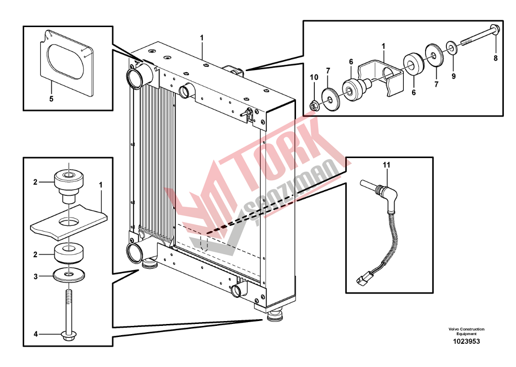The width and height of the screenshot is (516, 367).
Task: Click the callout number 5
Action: [51, 99]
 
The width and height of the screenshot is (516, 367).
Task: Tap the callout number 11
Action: [386, 164]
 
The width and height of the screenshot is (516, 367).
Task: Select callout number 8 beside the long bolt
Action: [495, 58]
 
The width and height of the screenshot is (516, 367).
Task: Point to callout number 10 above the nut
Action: [314, 77]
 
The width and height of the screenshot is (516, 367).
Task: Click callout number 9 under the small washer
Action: [454, 76]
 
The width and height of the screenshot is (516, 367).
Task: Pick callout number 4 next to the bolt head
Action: [35, 334]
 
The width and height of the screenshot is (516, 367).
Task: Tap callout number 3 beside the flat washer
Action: [35, 277]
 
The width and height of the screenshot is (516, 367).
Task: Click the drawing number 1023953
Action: [466, 341]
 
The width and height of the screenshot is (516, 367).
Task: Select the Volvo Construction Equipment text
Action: [466, 331]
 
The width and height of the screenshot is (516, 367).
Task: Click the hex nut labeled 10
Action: [313, 106]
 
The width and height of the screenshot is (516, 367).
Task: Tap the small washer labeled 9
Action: [451, 47]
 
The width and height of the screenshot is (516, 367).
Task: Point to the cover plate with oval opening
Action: [67, 63]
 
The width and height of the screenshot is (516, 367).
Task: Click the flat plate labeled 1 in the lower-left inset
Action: [69, 220]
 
